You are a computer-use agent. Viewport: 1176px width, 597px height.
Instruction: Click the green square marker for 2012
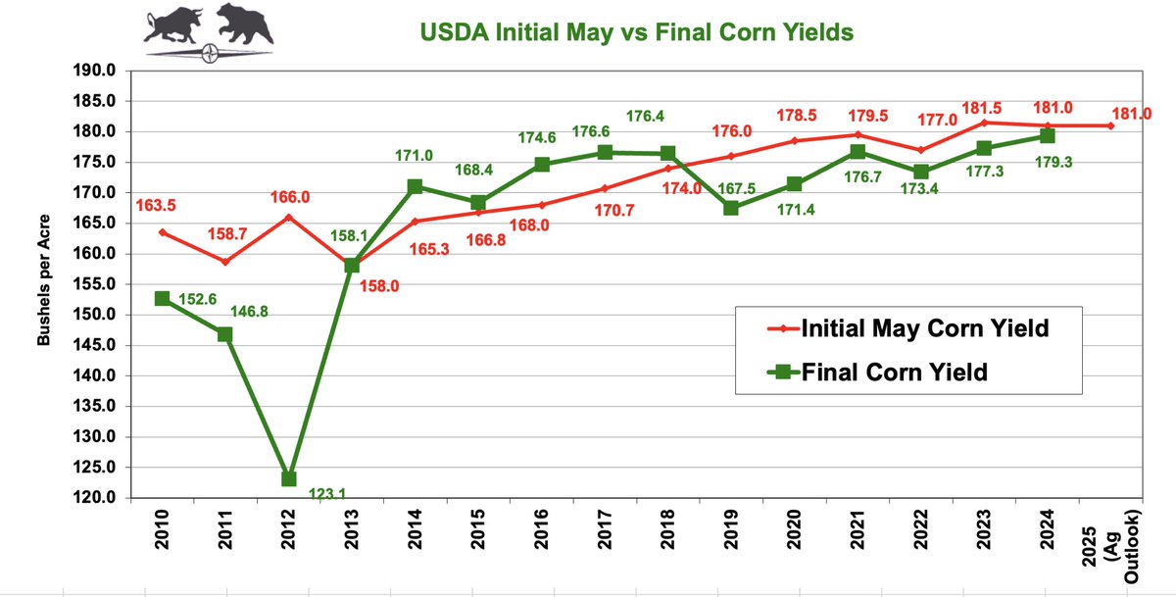(289, 478)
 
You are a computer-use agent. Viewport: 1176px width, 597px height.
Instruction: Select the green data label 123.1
(327, 493)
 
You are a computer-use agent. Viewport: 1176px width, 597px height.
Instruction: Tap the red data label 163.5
(156, 205)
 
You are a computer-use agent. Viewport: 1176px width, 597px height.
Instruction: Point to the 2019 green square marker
(731, 208)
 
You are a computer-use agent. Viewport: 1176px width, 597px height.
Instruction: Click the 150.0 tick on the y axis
(94, 315)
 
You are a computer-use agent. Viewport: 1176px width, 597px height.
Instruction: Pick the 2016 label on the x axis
(541, 529)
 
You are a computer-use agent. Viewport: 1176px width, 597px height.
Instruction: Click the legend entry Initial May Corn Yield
(908, 328)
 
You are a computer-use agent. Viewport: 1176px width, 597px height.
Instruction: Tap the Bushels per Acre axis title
(43, 279)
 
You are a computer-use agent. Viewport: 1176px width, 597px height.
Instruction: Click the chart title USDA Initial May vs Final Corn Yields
(637, 32)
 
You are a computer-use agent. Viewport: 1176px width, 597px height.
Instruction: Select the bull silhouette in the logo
(173, 25)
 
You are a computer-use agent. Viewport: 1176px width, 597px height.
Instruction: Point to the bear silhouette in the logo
(245, 24)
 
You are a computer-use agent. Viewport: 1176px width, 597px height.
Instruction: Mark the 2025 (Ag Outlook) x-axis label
(1111, 547)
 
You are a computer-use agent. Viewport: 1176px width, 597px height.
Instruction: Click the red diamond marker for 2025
(1110, 126)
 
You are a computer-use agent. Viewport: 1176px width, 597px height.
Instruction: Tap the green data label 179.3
(1053, 163)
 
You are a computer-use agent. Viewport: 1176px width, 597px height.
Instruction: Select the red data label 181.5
(982, 108)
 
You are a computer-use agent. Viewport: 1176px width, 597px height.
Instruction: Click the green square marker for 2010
(163, 299)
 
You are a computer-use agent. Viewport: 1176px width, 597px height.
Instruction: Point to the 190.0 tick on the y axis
(94, 71)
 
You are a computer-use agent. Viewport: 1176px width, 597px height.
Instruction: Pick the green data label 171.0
(414, 156)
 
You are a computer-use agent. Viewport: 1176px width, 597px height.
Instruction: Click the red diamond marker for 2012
(289, 218)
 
